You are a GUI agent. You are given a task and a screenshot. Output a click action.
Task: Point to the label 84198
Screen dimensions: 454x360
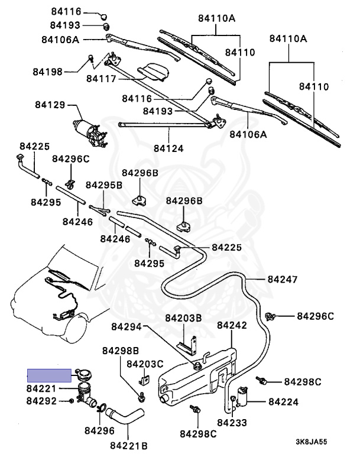click(x=47, y=72)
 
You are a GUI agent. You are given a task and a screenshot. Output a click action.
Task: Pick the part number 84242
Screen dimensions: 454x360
click(x=232, y=326)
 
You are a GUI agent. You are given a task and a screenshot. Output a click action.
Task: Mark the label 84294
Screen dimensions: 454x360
click(x=127, y=326)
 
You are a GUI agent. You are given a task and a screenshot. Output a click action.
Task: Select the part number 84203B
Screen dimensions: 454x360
click(x=183, y=318)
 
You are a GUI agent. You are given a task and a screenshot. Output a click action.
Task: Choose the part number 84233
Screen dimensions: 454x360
click(x=232, y=423)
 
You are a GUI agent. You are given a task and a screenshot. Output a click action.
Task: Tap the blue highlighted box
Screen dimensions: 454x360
click(x=48, y=375)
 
